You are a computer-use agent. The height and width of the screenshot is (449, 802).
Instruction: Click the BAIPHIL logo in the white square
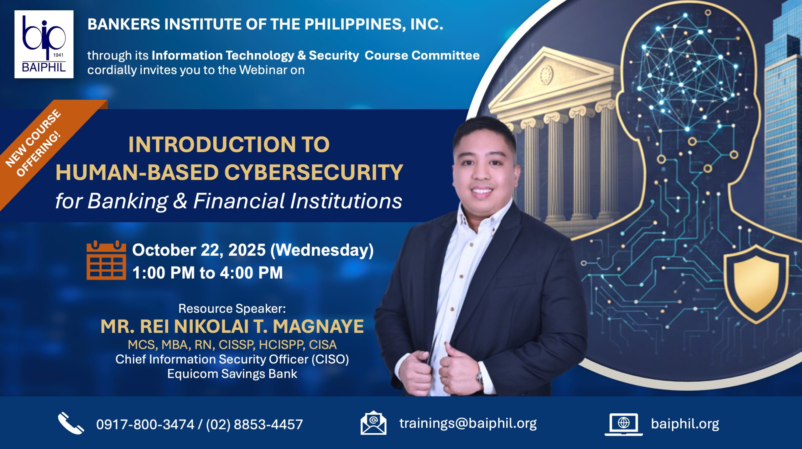44,44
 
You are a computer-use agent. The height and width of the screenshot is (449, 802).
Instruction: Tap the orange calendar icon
106,260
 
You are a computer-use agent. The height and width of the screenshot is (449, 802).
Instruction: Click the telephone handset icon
71,423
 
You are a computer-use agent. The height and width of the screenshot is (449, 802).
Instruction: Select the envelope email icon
373,423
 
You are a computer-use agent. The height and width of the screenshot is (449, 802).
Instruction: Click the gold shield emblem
756,284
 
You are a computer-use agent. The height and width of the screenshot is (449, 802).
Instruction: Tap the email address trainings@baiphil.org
468,423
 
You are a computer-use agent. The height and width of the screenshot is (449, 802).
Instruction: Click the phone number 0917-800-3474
145,425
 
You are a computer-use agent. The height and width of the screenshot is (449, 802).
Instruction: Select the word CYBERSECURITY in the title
314,172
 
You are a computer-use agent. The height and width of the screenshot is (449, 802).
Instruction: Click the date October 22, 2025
199,250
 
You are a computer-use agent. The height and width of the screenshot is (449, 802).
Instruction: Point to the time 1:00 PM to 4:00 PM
207,273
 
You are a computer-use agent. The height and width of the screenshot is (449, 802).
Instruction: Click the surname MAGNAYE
318,326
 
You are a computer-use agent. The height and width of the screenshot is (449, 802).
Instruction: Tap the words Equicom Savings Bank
232,374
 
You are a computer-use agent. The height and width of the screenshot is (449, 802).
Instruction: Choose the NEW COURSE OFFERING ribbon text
34,143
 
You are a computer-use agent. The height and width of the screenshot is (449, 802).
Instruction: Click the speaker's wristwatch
479,377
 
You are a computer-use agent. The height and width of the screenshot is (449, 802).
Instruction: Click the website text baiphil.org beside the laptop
685,424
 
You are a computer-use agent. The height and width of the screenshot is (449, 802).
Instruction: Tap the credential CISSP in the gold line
237,345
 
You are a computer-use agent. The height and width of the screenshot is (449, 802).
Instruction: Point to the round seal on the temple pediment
546,75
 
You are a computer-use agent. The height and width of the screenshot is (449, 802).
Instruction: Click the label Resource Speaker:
232,309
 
